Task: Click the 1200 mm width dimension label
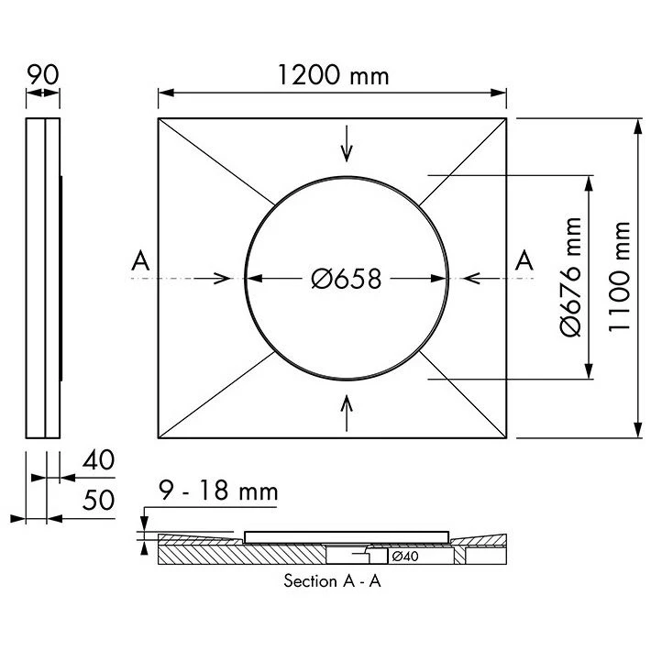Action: pyautogui.click(x=333, y=75)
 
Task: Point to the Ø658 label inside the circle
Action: pyautogui.click(x=346, y=279)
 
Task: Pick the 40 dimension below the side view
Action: pyautogui.click(x=98, y=459)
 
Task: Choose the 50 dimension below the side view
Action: pyautogui.click(x=98, y=501)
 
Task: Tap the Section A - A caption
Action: pyautogui.click(x=332, y=581)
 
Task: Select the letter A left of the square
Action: pyautogui.click(x=139, y=261)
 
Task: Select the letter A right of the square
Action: pyautogui.click(x=524, y=261)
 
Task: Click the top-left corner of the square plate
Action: pyautogui.click(x=159, y=118)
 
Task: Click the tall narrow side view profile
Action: pyautogui.click(x=43, y=278)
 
